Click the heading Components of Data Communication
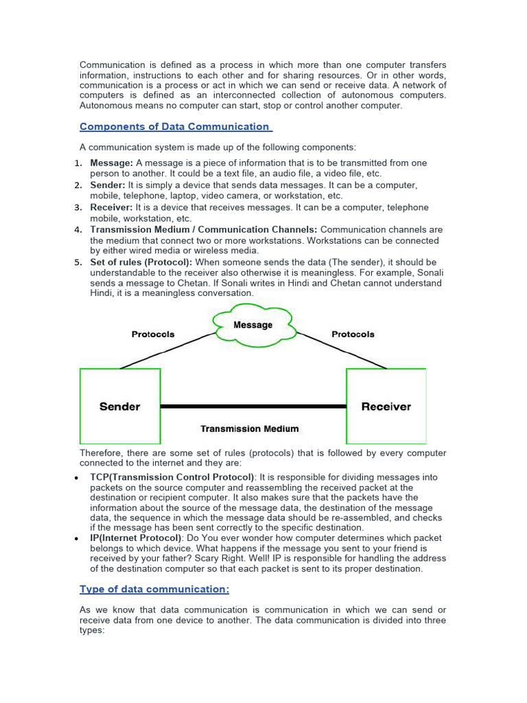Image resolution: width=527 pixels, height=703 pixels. (175, 126)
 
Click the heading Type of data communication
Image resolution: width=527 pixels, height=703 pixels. (154, 588)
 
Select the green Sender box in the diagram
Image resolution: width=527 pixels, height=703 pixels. (120, 406)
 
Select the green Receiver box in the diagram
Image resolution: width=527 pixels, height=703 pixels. (386, 406)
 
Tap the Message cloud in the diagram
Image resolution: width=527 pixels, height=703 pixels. (253, 325)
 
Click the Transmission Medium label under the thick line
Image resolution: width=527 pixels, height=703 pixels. (249, 428)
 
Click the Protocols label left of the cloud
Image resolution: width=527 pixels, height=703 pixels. (153, 334)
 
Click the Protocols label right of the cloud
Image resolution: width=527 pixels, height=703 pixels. (353, 334)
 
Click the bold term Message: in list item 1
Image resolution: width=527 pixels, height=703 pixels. (111, 163)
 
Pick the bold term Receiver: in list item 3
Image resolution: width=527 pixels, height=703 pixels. (112, 207)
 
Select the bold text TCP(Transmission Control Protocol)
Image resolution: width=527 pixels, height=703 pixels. (172, 477)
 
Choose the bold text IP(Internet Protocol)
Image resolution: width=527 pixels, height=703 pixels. (136, 538)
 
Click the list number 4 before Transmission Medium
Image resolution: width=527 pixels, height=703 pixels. (78, 230)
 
